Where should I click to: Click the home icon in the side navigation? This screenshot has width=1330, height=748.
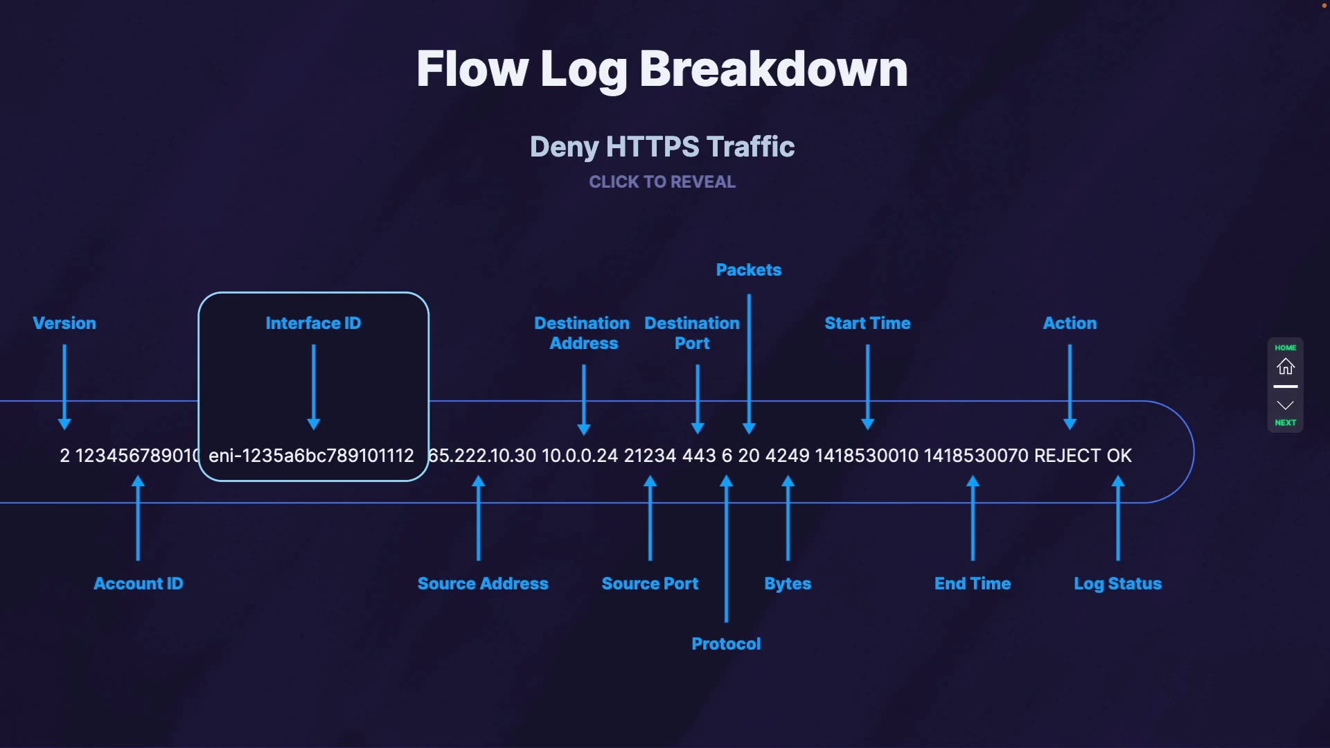[x=1285, y=366]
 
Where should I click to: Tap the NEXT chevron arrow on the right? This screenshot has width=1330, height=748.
[x=1285, y=406]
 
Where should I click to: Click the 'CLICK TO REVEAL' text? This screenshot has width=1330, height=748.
[x=662, y=182]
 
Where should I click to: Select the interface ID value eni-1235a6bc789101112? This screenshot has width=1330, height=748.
[x=311, y=456]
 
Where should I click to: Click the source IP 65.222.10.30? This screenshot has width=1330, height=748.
[x=482, y=456]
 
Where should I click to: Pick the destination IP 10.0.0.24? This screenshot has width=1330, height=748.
[x=579, y=456]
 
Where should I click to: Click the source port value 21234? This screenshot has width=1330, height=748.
[x=650, y=456]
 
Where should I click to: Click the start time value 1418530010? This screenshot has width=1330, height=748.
[x=867, y=456]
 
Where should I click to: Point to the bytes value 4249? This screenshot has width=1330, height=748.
[x=787, y=456]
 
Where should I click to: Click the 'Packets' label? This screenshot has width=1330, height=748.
[x=748, y=270]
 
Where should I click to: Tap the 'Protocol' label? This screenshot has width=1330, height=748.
[x=726, y=644]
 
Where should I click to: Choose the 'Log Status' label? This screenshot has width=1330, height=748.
[x=1117, y=584]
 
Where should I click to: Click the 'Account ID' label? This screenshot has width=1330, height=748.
[x=139, y=584]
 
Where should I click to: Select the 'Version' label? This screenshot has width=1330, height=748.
[x=64, y=323]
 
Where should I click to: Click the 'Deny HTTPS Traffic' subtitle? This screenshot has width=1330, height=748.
[x=662, y=147]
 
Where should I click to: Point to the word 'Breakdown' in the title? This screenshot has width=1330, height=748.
[x=773, y=69]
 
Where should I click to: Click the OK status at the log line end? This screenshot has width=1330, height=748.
[x=1119, y=456]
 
